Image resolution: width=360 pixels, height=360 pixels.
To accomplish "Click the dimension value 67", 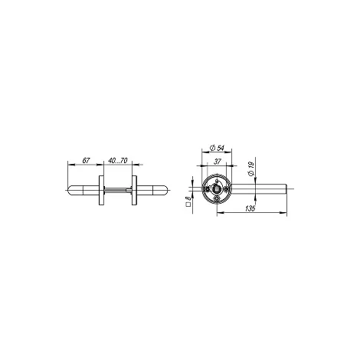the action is pos(86,161).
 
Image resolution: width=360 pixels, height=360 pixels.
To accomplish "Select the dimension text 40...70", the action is pos(118,161).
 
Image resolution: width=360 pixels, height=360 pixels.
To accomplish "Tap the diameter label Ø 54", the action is pos(217,148).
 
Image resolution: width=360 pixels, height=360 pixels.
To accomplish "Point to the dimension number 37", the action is pos(217,162).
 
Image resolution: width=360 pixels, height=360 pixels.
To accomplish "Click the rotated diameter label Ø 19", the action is pos(251,169).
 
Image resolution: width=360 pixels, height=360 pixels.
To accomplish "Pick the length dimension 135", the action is pos(250,208).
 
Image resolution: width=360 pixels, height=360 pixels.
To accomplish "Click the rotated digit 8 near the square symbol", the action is pos(188,198).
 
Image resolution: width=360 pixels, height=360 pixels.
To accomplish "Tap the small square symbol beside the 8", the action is pos(188,205).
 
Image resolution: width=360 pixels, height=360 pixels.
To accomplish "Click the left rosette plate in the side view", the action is pos(101,190).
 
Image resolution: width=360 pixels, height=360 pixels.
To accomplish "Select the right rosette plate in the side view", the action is pos(134,190).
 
